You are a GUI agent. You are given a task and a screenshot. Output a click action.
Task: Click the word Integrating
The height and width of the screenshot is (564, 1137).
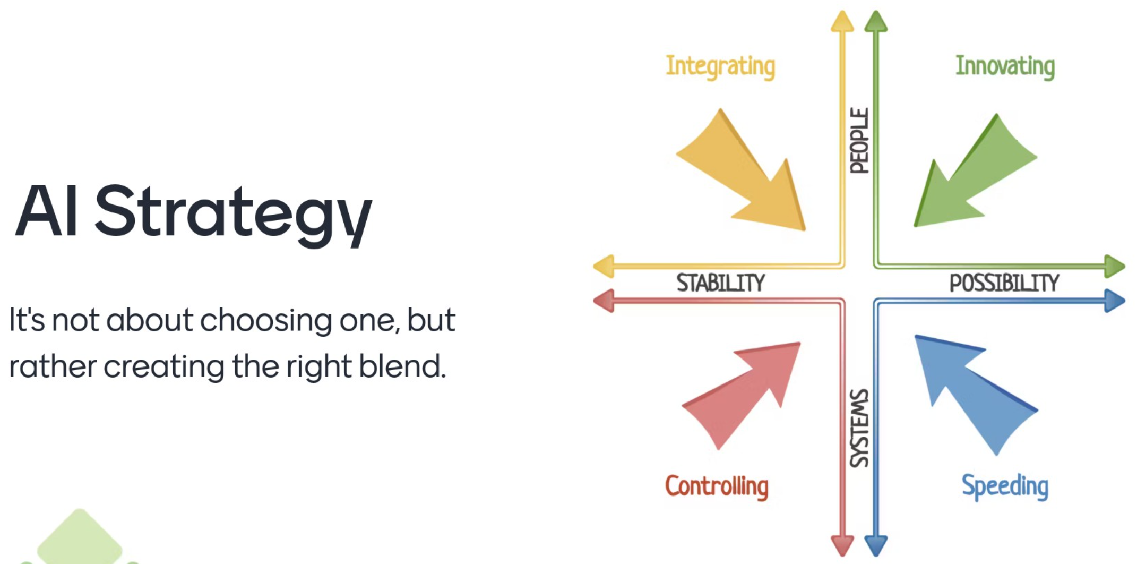pos(720,67)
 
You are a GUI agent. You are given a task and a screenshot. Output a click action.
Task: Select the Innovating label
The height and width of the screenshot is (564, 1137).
pos(1005,66)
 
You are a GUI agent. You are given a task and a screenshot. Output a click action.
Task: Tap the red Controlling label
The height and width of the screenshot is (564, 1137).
pos(717,486)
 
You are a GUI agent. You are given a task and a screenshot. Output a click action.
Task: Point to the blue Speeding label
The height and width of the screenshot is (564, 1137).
pos(1005,486)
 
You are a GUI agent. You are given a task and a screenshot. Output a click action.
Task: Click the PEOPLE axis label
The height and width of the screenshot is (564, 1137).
pos(859,141)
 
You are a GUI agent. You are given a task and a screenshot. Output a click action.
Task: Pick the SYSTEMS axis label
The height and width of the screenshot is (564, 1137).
pos(859,428)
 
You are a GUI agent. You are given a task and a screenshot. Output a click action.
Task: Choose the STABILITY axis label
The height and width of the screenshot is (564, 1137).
pos(720,283)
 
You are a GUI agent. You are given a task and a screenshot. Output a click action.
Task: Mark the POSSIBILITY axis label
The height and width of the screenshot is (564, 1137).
pos(1004,283)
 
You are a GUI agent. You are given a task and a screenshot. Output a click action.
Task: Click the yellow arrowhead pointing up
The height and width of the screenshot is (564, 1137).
pos(842,21)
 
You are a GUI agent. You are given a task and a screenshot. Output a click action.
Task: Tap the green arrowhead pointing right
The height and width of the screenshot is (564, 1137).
pos(1115,266)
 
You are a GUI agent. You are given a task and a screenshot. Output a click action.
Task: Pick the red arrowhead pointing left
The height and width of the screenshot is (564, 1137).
pos(604,301)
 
